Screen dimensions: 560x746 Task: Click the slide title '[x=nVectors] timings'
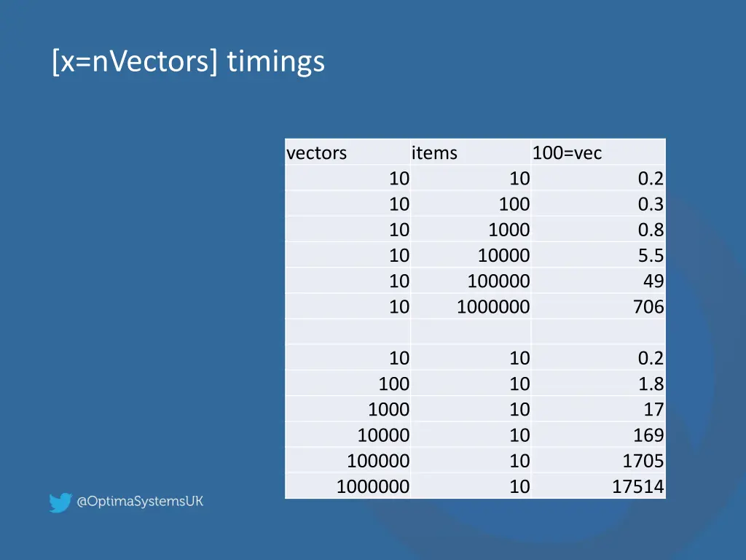(x=188, y=61)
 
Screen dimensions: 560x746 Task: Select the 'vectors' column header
(x=317, y=153)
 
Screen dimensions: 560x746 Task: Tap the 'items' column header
(x=434, y=153)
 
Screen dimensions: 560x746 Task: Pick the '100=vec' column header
(x=568, y=153)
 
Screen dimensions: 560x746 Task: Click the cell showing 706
(x=648, y=307)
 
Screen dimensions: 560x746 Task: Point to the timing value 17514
(x=638, y=486)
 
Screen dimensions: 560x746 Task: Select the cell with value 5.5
(x=651, y=255)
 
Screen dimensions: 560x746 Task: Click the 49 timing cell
(x=653, y=281)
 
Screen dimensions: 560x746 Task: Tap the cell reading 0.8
(x=651, y=230)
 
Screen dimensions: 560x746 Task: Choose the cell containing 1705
(x=643, y=461)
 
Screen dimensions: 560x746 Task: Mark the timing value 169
(x=648, y=435)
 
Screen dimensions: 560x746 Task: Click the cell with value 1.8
(x=651, y=384)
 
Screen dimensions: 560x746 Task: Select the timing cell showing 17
(x=653, y=410)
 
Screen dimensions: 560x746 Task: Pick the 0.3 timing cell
(x=651, y=204)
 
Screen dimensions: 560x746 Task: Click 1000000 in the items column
(x=493, y=307)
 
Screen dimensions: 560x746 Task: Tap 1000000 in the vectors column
(x=373, y=486)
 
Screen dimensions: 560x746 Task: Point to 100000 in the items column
(x=498, y=281)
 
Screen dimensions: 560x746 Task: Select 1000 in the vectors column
(x=388, y=410)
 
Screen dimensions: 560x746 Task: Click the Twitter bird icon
(x=60, y=502)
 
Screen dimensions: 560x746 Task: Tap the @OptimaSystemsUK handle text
(x=140, y=502)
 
